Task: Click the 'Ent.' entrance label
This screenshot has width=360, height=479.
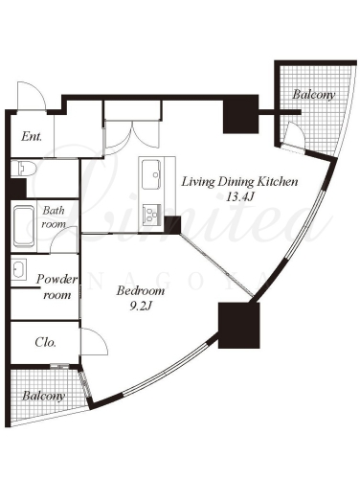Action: click(32, 137)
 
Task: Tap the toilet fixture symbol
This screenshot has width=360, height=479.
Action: click(24, 168)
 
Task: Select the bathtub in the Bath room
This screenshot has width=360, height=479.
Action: click(24, 227)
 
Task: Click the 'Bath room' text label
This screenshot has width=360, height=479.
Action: click(54, 217)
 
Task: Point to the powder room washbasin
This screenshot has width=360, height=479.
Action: click(18, 269)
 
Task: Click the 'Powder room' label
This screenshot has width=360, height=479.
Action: click(56, 286)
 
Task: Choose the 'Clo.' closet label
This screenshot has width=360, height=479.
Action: click(46, 342)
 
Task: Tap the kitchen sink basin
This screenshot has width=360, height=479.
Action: click(151, 174)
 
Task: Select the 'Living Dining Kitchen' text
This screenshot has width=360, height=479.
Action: click(239, 182)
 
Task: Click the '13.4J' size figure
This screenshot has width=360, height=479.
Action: click(239, 197)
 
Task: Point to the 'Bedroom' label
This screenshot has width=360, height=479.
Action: click(141, 291)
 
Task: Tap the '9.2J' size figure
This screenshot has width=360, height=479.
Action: click(141, 307)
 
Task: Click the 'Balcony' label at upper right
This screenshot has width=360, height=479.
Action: click(314, 95)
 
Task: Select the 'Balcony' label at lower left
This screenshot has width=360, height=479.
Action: click(44, 396)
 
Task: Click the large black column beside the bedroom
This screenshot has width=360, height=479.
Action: click(239, 325)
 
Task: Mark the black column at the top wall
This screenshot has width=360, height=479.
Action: click(240, 114)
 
